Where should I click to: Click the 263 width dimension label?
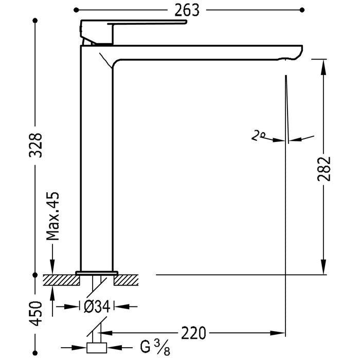tap(187, 10)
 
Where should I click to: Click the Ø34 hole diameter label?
tap(96, 307)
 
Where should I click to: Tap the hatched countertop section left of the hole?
tap(61, 280)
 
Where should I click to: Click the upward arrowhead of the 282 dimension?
tap(322, 65)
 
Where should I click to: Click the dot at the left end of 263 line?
tap(77, 10)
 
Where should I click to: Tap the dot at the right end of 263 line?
tap(302, 10)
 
